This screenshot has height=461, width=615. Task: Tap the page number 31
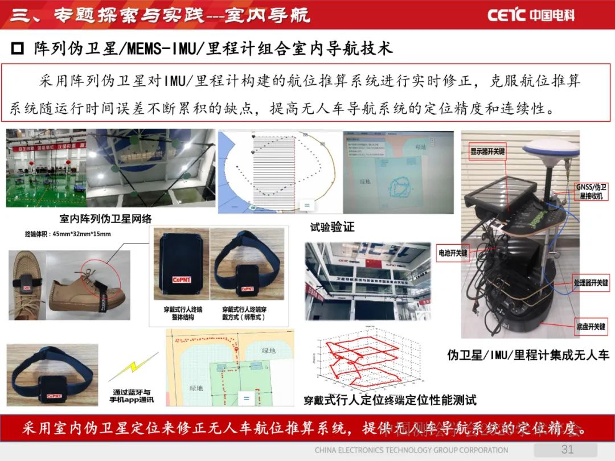(567, 450)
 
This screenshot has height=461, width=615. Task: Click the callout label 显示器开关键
(487, 152)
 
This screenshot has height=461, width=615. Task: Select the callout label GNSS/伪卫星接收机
(592, 192)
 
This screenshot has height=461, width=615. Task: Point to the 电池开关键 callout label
(453, 252)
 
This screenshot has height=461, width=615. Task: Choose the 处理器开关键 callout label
(591, 282)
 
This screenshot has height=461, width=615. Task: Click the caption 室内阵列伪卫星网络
(106, 219)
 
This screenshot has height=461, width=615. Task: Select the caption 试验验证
(333, 227)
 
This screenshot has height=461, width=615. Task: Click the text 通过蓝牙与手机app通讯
(131, 396)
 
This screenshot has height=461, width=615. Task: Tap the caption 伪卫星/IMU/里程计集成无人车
(528, 355)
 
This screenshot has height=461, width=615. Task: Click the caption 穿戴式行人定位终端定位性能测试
(390, 400)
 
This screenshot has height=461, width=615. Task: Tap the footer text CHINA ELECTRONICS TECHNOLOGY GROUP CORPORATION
(411, 450)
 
